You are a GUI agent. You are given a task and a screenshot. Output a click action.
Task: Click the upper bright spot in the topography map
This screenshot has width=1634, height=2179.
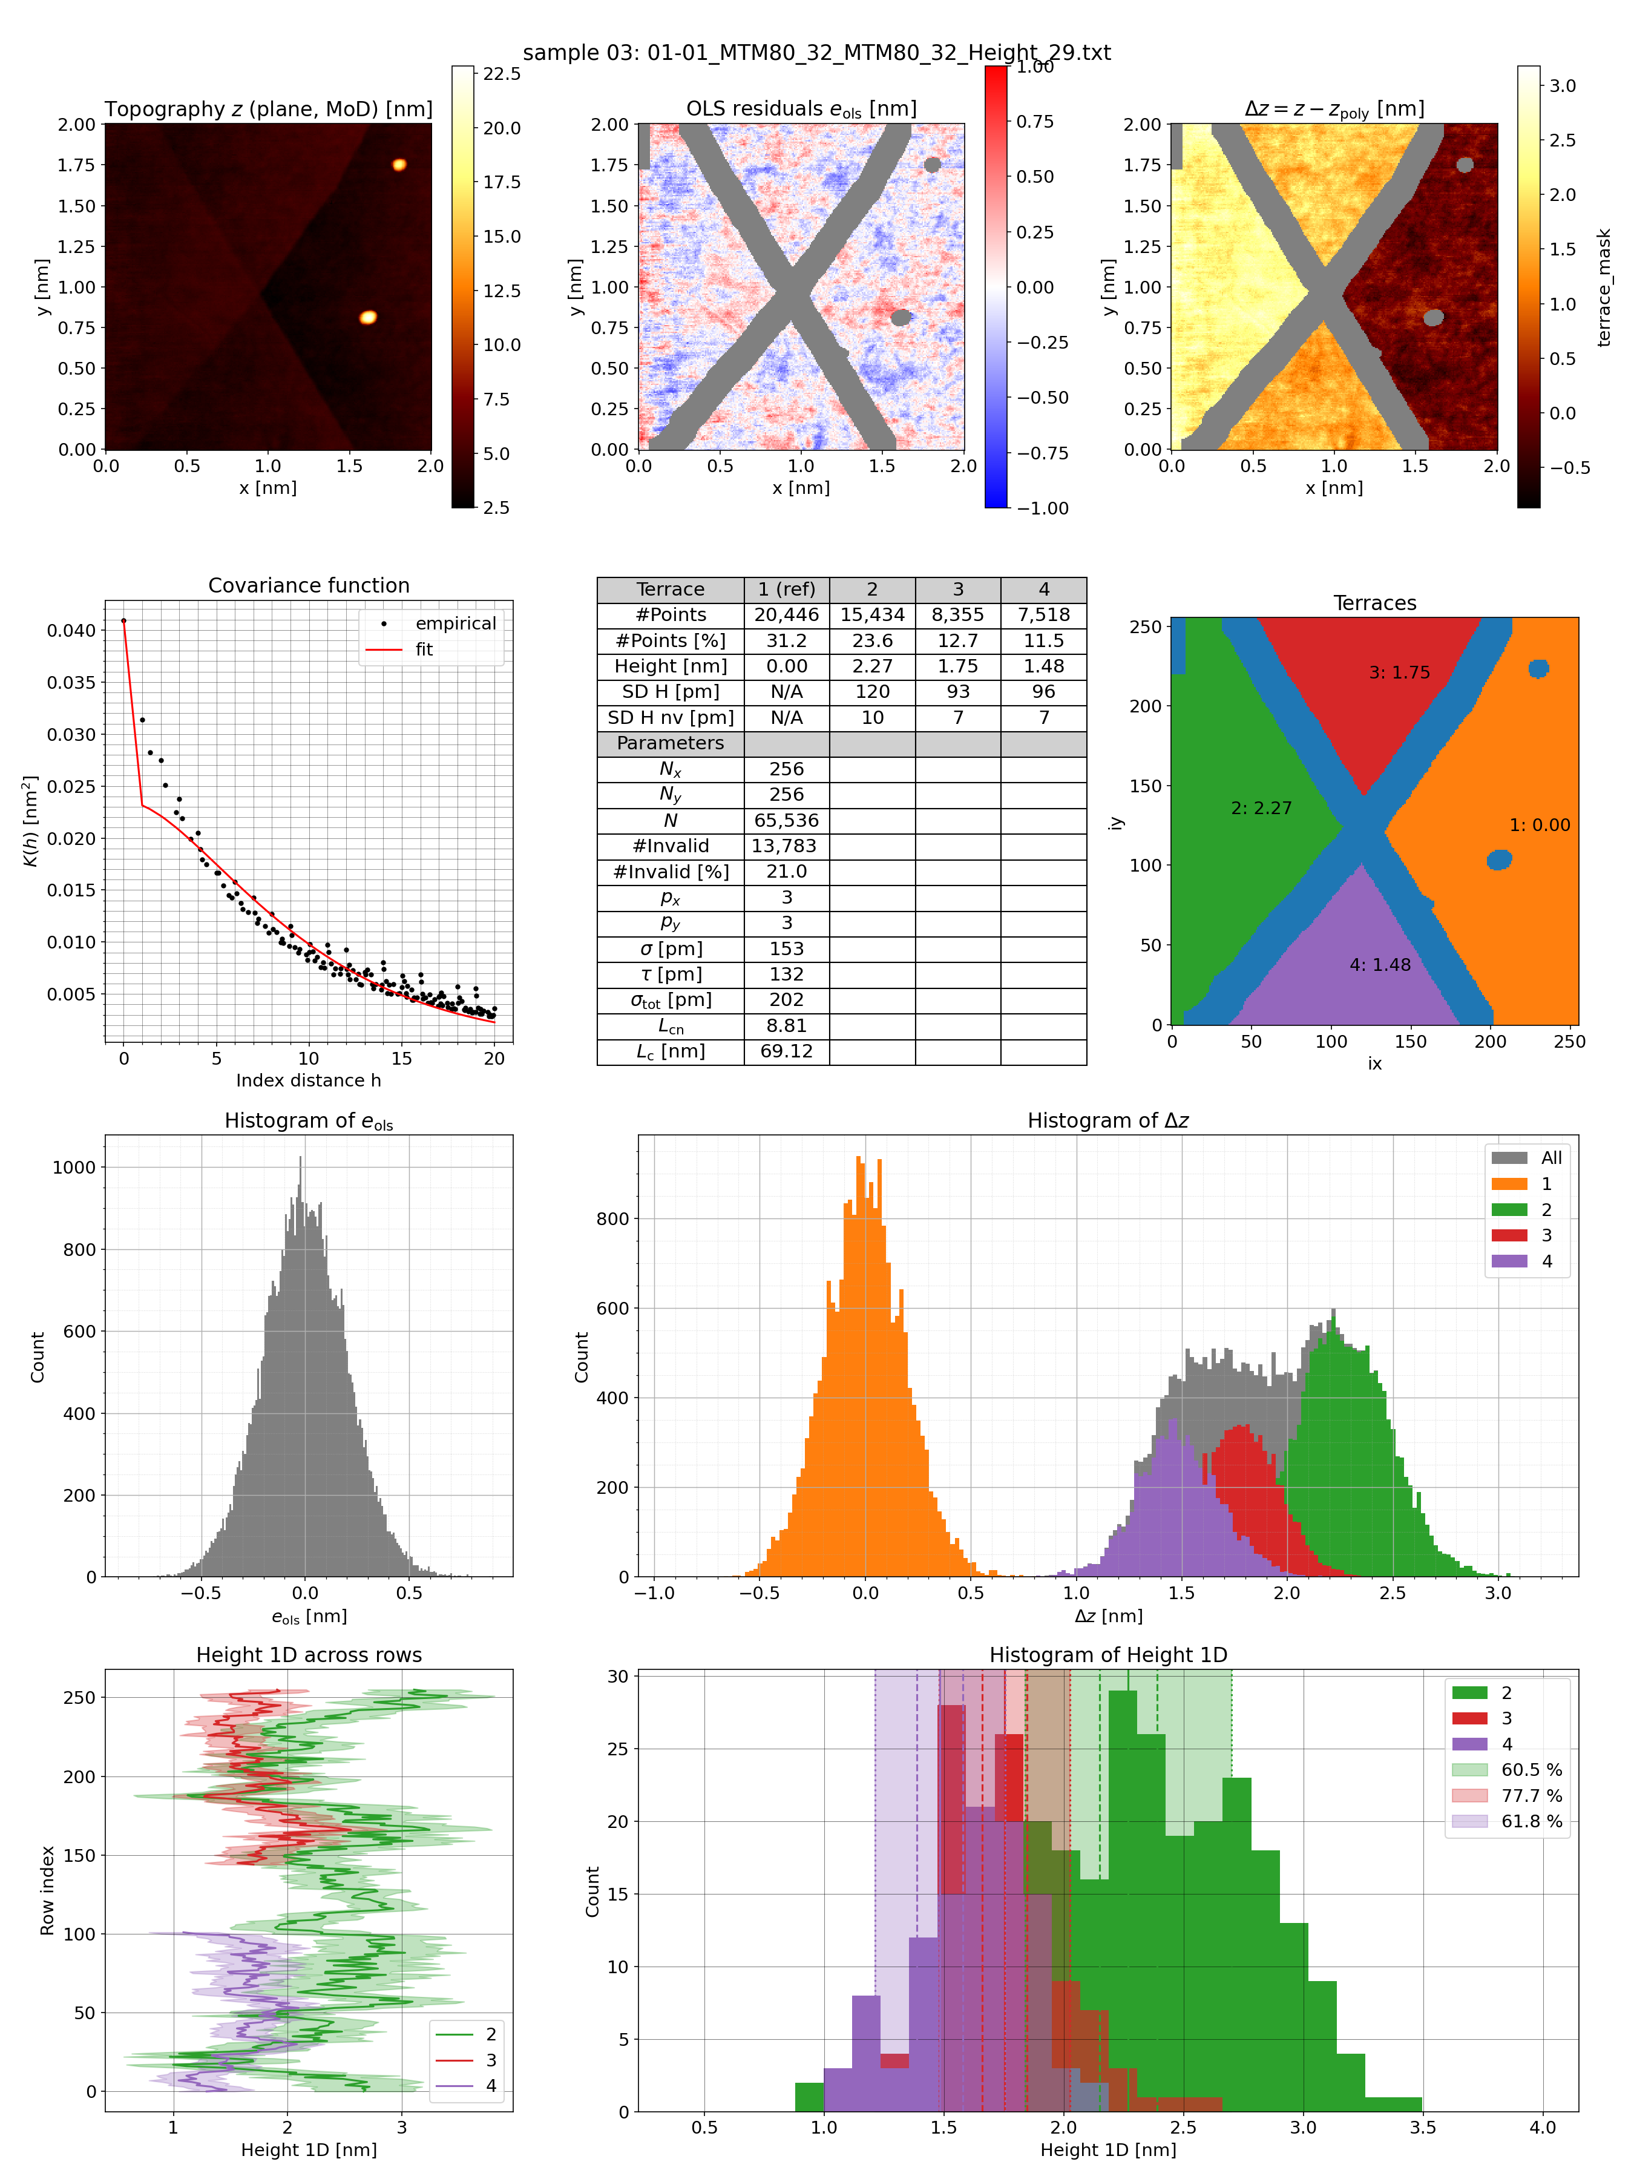tap(399, 165)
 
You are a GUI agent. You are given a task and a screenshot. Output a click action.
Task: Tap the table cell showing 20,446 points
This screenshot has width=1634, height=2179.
tap(786, 615)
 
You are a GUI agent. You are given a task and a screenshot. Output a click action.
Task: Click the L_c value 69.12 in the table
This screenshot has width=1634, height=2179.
tap(786, 1051)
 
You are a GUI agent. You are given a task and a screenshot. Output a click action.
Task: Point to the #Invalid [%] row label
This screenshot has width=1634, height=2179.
tap(670, 872)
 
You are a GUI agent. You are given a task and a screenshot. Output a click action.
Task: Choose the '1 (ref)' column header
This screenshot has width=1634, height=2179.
tap(786, 589)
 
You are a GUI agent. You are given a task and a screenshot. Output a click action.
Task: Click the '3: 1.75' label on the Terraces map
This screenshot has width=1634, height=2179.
tap(1399, 673)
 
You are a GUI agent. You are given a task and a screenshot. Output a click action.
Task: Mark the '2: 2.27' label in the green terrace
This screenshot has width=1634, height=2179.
tap(1261, 808)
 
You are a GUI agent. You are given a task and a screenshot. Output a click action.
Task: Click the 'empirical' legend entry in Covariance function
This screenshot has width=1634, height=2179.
tap(455, 623)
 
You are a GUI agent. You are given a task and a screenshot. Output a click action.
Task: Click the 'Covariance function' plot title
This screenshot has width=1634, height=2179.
tap(308, 585)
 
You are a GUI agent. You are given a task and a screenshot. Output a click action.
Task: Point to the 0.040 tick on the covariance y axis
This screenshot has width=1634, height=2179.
tap(71, 631)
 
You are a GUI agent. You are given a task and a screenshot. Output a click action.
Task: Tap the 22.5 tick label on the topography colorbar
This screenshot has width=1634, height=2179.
tap(501, 74)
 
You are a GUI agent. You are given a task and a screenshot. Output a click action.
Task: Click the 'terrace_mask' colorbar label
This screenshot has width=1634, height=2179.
tap(1604, 288)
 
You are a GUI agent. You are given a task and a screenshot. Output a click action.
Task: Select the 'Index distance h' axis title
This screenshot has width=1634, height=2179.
tap(308, 1080)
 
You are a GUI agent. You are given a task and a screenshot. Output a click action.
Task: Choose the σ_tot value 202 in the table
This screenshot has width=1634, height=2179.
tap(786, 1000)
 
